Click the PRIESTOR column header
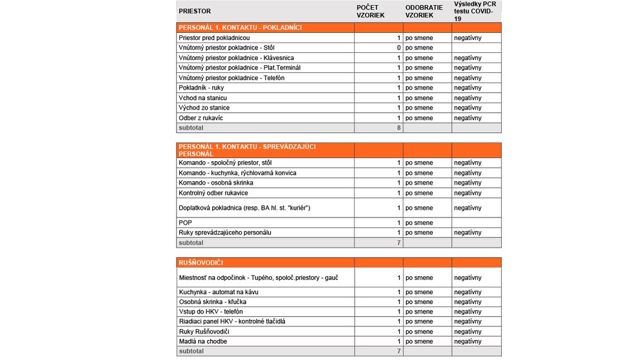point(195,12)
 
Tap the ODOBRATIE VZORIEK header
point(424,12)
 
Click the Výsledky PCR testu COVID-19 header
point(475,12)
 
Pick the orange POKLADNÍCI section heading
point(240,28)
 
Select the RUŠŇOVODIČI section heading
point(201,263)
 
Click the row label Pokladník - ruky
point(201,88)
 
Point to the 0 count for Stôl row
point(398,48)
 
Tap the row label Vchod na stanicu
point(202,98)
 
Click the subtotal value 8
point(398,128)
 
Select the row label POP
point(185,223)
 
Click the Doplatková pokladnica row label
point(244,208)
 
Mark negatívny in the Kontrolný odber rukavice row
point(467,193)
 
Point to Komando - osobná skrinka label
point(215,183)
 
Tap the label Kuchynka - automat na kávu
point(219,292)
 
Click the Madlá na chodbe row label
point(202,341)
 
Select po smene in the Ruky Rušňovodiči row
point(419,332)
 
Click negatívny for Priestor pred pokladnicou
point(467,38)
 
